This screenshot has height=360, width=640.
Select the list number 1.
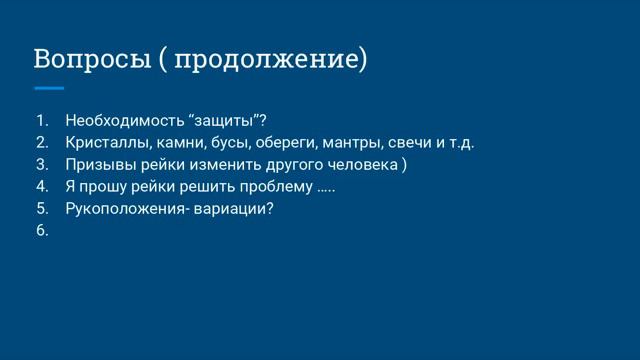(x=41, y=121)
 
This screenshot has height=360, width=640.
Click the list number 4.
(x=41, y=187)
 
